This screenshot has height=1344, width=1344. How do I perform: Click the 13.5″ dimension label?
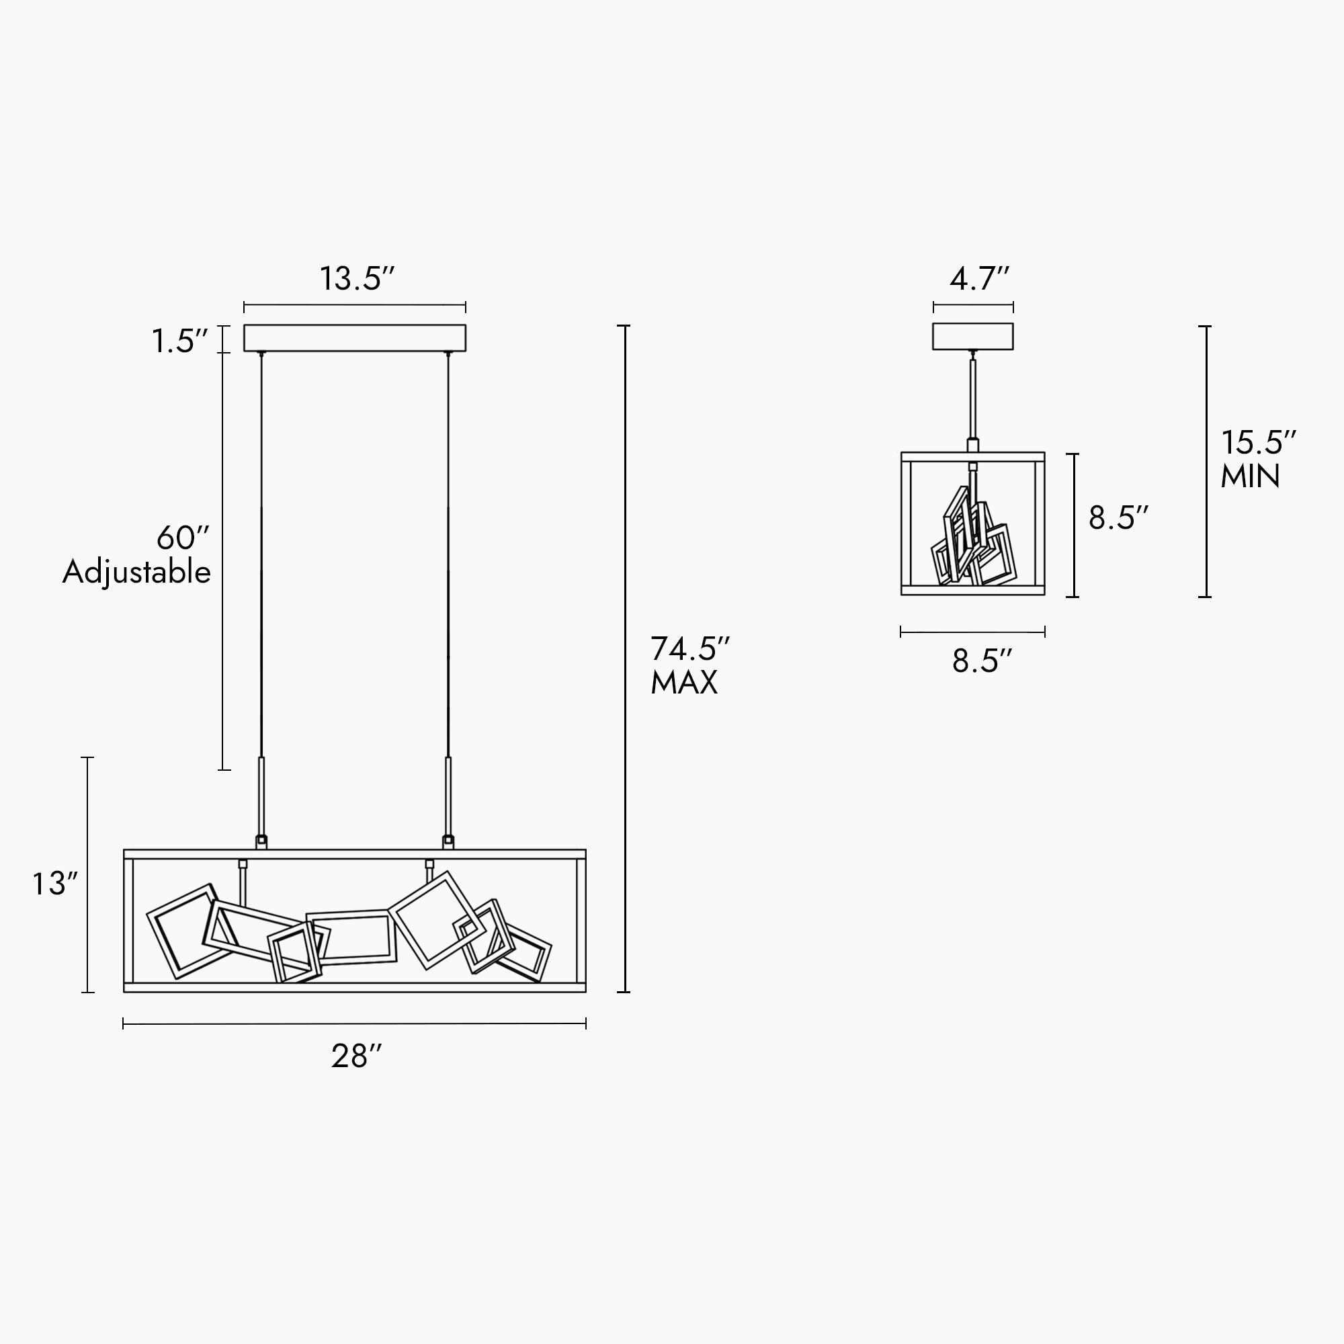357,278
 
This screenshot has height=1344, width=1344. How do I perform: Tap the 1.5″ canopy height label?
179,341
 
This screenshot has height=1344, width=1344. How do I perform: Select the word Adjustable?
136,573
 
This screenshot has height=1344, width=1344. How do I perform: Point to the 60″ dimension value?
183,538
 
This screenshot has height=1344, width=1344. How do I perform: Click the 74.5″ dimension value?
690,648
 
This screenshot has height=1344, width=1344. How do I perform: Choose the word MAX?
684,683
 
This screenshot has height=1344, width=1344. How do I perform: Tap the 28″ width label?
357,1056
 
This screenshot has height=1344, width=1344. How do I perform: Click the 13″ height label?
55,884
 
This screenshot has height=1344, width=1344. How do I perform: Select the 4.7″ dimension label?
979,278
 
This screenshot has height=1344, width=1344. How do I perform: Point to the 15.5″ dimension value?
1259,442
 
